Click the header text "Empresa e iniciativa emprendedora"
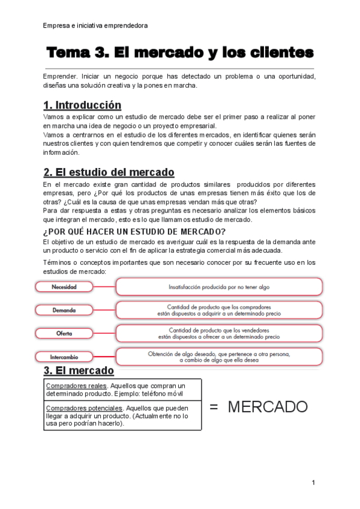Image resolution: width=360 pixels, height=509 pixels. tap(95, 25)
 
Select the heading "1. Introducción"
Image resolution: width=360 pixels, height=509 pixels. tap(82, 105)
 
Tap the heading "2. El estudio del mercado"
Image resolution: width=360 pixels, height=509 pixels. tap(109, 172)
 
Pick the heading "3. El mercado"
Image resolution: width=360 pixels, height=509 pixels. tap(79, 370)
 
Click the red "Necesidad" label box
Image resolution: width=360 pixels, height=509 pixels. tap(64, 287)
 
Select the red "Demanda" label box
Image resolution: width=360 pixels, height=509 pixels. tap(64, 310)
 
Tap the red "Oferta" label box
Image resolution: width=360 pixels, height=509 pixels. tap(64, 333)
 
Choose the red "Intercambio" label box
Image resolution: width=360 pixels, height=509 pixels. tap(64, 357)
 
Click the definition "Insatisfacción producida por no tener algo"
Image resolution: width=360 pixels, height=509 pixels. tap(218, 287)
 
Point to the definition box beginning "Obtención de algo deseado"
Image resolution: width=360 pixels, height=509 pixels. tap(218, 357)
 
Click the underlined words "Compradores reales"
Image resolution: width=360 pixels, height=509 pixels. tap(76, 386)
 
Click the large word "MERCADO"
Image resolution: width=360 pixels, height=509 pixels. tap(268, 407)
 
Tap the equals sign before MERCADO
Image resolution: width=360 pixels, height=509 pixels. tap(214, 407)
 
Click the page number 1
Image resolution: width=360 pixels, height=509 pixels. tap(313, 483)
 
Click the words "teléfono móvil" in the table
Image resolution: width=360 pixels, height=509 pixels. tap(164, 394)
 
